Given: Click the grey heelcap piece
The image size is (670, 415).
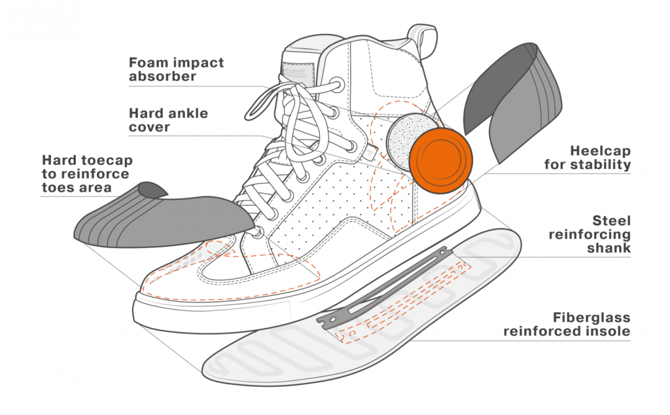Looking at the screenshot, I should [x=517, y=105].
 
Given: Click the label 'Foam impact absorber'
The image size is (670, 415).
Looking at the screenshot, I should [x=176, y=69].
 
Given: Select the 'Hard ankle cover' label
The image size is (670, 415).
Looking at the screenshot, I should [x=168, y=120].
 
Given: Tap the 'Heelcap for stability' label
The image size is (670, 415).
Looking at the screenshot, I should [x=588, y=157].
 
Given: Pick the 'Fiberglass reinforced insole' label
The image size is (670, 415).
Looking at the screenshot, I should [x=567, y=325].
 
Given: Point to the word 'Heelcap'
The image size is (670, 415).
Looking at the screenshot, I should [x=600, y=150].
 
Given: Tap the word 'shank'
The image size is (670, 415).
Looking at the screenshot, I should [x=609, y=248].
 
